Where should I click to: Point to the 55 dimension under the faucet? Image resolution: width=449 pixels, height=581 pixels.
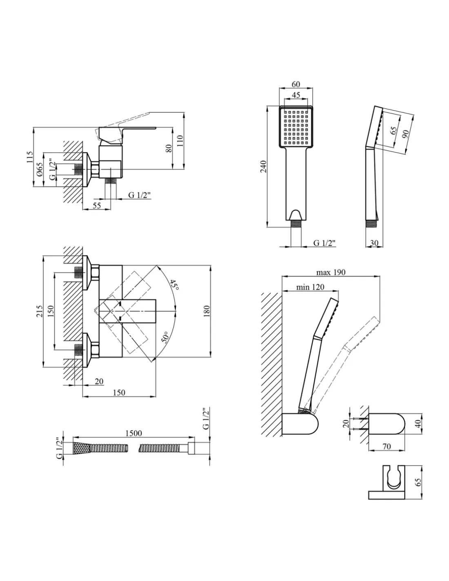coord(96,206)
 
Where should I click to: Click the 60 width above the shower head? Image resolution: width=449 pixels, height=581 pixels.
coord(296,85)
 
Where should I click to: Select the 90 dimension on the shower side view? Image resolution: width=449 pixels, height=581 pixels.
coord(405,134)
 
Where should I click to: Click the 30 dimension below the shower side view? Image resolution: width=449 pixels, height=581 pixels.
coord(373,243)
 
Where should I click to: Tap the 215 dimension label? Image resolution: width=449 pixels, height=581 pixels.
coord(40,312)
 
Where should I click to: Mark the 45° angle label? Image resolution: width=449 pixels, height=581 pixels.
coord(174,285)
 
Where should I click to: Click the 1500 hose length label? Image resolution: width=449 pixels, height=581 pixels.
coord(134,434)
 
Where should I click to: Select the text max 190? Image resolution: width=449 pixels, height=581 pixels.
coord(331,272)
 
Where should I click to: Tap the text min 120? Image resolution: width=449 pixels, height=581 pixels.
coord(310,287)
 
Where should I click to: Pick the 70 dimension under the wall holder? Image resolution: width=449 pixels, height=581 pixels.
coord(386,447)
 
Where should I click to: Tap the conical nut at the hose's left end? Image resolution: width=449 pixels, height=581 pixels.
coord(81,448)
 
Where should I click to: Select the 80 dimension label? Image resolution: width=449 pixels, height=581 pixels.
coord(169,147)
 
